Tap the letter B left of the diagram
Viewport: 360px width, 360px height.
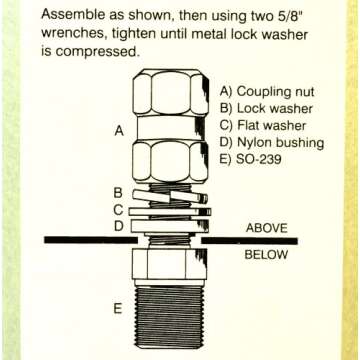[118, 192]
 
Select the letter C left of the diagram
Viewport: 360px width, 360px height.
[118, 210]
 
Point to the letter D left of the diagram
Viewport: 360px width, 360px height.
[118, 227]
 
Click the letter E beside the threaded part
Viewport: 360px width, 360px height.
[118, 309]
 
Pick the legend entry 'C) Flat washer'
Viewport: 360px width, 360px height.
[266, 125]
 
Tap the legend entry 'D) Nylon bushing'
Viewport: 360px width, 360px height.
[272, 143]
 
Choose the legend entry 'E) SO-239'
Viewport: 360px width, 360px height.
[254, 160]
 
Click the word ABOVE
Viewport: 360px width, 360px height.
[267, 227]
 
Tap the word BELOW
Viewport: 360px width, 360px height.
[267, 254]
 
